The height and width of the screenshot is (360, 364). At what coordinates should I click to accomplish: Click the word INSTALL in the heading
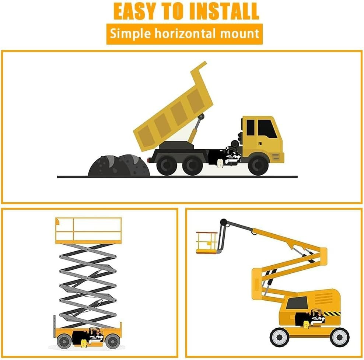pyautogui.click(x=224, y=11)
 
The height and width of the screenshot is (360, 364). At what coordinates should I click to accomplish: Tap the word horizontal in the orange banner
pyautogui.click(x=186, y=34)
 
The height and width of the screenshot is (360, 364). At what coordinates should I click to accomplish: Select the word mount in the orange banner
pyautogui.click(x=239, y=34)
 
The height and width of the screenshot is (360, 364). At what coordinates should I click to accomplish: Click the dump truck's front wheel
pyautogui.click(x=258, y=165)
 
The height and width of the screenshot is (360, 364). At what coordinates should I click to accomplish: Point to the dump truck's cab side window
pyautogui.click(x=267, y=129)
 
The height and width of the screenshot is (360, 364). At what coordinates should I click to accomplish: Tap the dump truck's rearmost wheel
pyautogui.click(x=167, y=165)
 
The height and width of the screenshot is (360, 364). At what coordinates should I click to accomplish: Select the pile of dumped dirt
pyautogui.click(x=119, y=165)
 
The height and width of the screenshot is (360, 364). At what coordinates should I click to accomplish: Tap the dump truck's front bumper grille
pyautogui.click(x=276, y=157)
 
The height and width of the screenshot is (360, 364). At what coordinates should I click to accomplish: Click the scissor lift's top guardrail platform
pyautogui.click(x=88, y=231)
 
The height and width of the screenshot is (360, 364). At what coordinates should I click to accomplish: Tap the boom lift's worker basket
pyautogui.click(x=207, y=243)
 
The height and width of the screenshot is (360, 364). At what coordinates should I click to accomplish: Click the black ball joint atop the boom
pyautogui.click(x=224, y=222)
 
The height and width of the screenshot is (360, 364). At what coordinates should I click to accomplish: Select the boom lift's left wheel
pyautogui.click(x=280, y=337)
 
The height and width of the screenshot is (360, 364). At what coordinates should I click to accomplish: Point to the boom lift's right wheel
pyautogui.click(x=340, y=337)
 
